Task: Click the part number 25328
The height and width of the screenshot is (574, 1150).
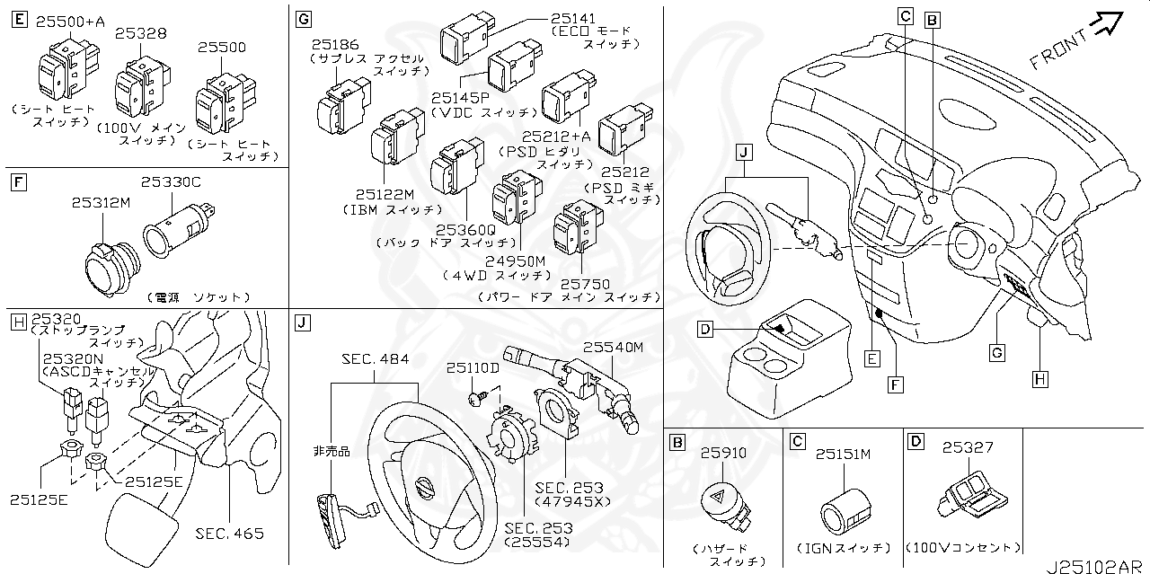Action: [141, 33]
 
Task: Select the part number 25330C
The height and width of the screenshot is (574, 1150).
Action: [171, 182]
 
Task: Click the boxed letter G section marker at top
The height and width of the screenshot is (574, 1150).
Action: [303, 19]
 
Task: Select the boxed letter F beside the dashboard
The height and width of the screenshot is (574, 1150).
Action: [896, 384]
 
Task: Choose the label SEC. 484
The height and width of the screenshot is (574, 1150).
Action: [375, 359]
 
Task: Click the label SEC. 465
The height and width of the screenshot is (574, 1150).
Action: [230, 534]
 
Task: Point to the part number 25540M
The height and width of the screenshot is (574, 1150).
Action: [614, 347]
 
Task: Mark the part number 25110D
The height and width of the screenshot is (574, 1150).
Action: [473, 368]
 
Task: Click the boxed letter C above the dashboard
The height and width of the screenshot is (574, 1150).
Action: [906, 15]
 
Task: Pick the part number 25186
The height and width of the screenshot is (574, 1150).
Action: [335, 44]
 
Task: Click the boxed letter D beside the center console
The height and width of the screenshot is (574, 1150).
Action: [705, 330]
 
